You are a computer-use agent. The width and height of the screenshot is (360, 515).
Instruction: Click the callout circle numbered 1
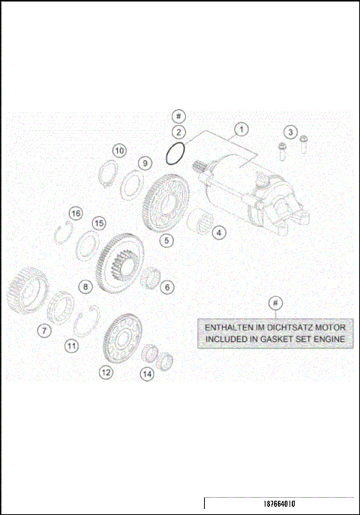pos(241,129)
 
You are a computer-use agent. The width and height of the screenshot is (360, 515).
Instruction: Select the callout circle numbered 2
pos(178,133)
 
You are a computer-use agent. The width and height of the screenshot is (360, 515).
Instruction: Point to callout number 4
pos(218,232)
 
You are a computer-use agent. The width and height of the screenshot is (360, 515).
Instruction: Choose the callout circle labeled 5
pos(166,241)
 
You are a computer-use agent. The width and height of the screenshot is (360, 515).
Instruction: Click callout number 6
pos(168,286)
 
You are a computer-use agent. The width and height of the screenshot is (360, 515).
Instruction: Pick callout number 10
pos(119,150)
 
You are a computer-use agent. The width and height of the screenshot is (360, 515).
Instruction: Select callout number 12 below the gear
pos(106,371)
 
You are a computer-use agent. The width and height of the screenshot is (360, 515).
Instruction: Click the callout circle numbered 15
pos(99,224)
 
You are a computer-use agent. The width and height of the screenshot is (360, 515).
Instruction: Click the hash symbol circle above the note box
pos(276,302)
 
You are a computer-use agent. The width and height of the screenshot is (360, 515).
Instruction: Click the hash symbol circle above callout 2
pos(178,116)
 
